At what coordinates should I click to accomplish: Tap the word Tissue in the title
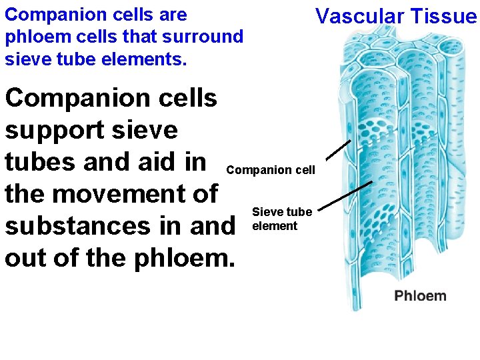[444, 15]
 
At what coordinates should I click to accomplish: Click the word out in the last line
[23, 258]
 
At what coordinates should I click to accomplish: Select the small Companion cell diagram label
[271, 171]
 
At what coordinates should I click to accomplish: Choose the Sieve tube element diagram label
[281, 219]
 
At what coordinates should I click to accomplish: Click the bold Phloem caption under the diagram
[420, 295]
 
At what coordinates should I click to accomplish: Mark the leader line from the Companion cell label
[339, 151]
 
